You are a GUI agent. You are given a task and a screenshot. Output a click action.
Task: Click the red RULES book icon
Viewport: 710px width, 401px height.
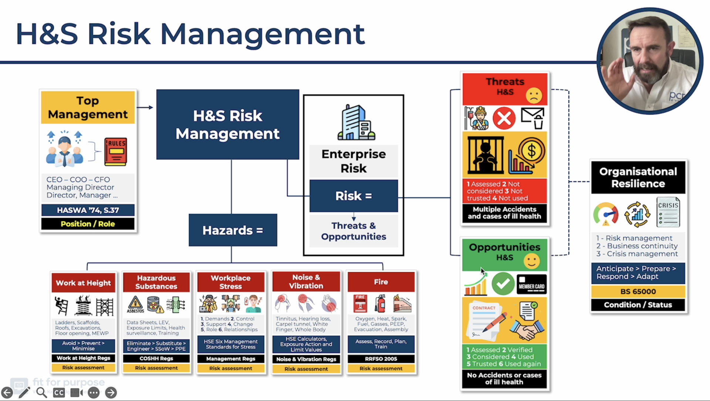116,151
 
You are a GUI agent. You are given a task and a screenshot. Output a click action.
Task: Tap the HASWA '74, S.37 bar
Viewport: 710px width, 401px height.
88,210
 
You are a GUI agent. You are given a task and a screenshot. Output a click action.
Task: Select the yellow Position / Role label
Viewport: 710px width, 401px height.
88,224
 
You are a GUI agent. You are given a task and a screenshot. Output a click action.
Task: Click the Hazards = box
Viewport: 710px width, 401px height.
233,230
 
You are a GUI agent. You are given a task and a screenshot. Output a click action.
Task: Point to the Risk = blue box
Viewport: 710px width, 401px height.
354,196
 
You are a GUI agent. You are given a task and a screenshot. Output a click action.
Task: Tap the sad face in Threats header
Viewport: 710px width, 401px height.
534,96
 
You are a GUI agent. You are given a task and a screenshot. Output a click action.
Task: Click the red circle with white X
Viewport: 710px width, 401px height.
504,118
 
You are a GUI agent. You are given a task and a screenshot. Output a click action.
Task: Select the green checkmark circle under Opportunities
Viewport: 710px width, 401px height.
503,284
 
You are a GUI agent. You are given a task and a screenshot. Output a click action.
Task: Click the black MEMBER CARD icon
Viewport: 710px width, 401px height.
531,284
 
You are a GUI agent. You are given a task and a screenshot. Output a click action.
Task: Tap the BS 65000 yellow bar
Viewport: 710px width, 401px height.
638,291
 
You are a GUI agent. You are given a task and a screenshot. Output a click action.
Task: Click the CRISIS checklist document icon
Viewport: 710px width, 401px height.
668,212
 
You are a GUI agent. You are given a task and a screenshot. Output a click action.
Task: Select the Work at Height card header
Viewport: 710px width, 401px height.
84,283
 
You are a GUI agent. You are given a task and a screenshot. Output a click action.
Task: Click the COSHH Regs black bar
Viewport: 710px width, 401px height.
156,358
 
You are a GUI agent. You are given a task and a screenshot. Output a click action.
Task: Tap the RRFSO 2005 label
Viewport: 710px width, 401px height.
381,359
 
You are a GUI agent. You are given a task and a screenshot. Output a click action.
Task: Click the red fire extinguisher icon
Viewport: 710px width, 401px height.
380,304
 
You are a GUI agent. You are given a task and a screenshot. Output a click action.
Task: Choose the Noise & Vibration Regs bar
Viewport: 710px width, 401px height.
306,359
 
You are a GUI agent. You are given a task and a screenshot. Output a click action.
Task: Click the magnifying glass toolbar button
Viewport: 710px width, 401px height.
41,392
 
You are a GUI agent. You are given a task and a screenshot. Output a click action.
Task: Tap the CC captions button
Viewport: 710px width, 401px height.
59,392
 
